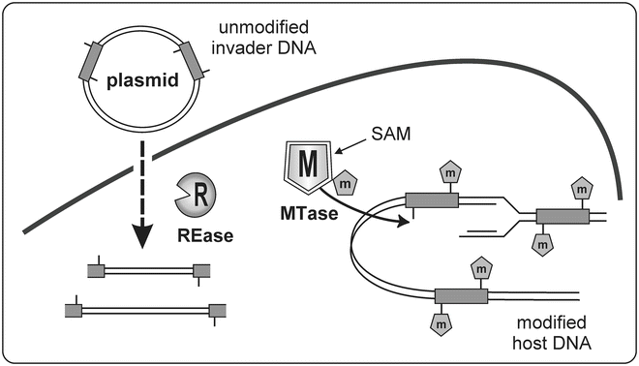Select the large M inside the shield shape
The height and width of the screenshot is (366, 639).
pos(307,163)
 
